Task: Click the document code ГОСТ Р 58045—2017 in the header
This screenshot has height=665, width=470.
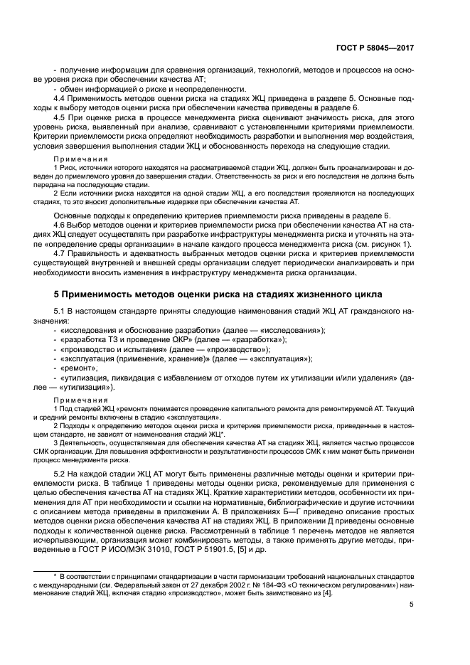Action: pos(375,48)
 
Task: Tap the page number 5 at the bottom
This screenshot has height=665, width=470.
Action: pos(412,605)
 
